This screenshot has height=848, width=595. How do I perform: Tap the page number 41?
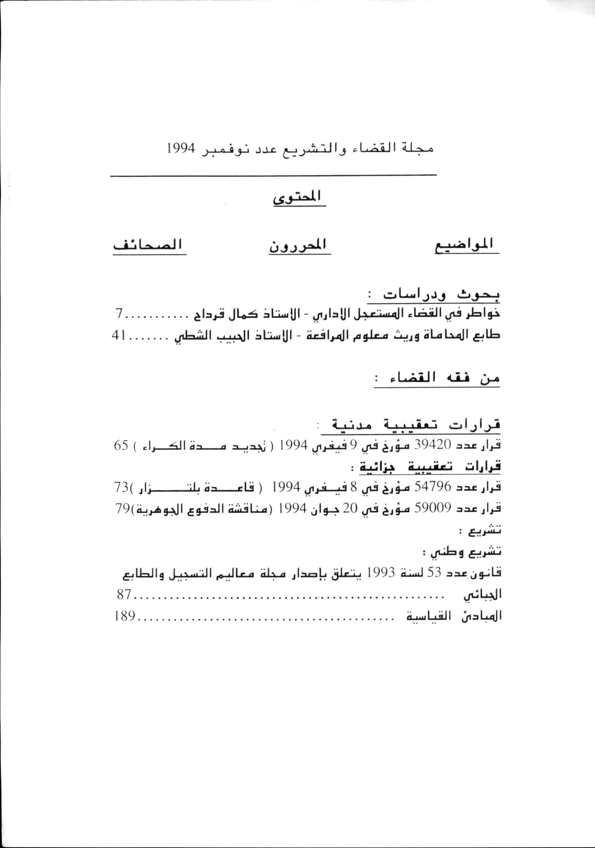click(119, 336)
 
